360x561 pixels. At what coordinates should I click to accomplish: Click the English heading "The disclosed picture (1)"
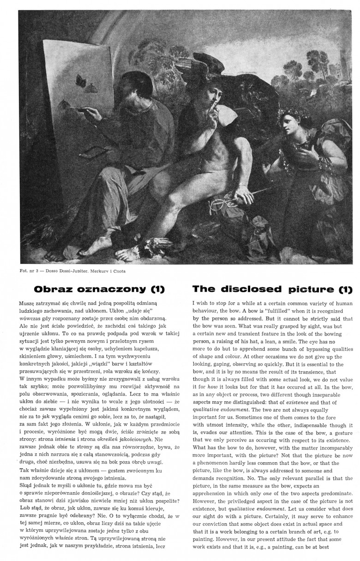[x=272, y=289]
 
